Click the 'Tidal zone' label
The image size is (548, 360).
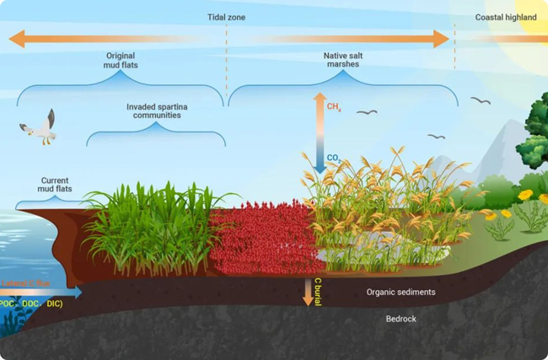coord(226,17)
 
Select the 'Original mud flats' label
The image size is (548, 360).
coord(121,60)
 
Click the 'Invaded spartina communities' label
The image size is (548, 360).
coord(157,111)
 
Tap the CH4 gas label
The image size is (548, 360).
coord(334,106)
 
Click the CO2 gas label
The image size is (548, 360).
coord(334,157)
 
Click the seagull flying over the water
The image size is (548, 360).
coord(40,127)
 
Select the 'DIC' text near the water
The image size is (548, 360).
coord(54,304)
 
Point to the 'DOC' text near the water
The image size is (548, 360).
coord(31,304)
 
